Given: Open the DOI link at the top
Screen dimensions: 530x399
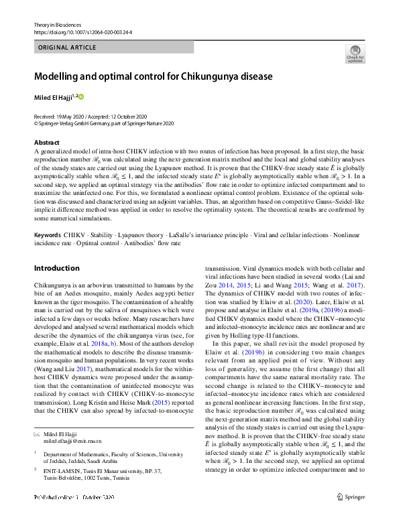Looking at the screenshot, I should pos(82,31).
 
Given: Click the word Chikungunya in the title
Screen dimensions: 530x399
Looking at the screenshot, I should pos(214,76).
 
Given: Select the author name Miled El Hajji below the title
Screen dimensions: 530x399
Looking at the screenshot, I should pos(56,97).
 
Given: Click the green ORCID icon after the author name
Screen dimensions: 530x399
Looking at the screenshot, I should pos(82,97).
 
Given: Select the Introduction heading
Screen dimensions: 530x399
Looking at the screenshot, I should pos(57,269).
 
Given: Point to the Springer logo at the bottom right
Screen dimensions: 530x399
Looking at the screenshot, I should pos(352,515).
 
